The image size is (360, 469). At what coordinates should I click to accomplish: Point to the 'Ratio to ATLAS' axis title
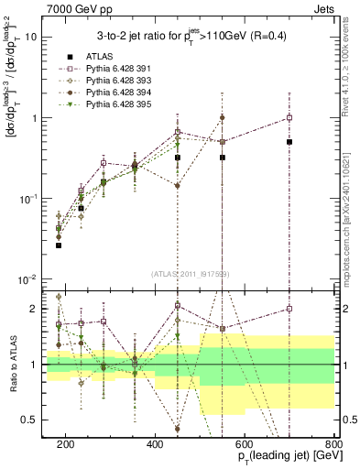[x=12, y=365]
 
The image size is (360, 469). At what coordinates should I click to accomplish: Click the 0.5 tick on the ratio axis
[x=38, y=420]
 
